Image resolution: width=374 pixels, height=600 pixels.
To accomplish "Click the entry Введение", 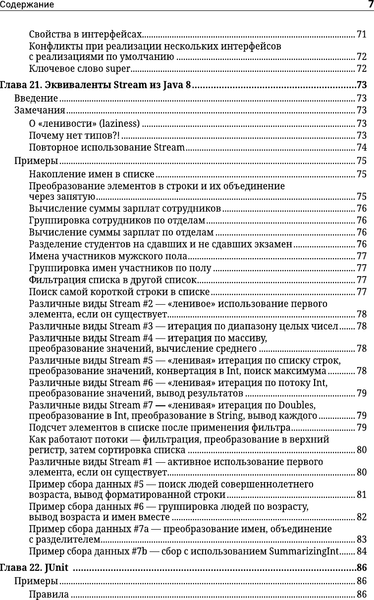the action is (x=36, y=101).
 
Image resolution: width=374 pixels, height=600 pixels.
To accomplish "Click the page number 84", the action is (x=363, y=550).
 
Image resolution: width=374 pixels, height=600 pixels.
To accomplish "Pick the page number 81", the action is (x=363, y=496).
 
